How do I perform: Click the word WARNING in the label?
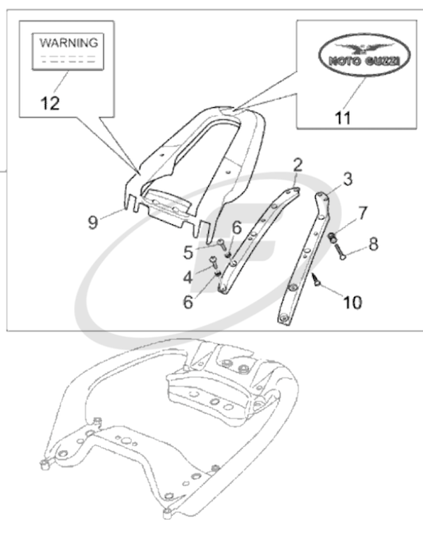pos(68,42)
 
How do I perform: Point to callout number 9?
pos(93,222)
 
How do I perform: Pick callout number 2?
pos(298,165)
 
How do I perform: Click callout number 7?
pos(362,212)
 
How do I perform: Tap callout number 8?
pos(373,244)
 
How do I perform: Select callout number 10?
pos(352,302)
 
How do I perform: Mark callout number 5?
pos(188,252)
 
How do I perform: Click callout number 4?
pos(188,277)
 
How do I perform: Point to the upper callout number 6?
pos(236,227)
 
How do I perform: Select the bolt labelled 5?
pos(221,245)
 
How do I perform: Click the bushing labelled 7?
pos(330,236)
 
